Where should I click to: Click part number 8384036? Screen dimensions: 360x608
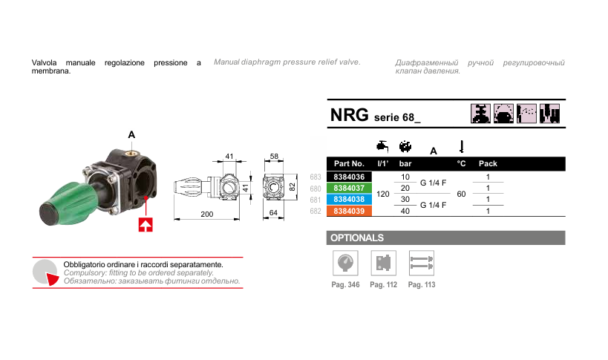(x=349, y=177)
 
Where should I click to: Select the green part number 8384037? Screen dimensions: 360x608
(x=349, y=189)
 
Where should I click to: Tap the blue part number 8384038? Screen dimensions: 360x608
(x=349, y=200)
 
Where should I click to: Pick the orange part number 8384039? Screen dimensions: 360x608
(x=349, y=211)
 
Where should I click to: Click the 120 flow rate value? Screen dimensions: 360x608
(x=383, y=194)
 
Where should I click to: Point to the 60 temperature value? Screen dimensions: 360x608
(x=461, y=194)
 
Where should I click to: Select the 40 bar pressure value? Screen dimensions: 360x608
(x=405, y=211)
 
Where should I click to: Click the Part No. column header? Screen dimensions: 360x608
(x=349, y=163)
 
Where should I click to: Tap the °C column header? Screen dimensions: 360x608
(x=461, y=163)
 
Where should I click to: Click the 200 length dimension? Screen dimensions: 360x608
(x=207, y=215)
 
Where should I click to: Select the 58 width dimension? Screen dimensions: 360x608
(x=274, y=157)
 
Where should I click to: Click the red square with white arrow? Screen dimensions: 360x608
(x=146, y=223)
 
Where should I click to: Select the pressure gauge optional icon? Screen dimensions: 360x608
(x=344, y=263)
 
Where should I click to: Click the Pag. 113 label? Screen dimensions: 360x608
(x=421, y=285)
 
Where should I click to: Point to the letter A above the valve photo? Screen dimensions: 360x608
(x=131, y=134)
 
